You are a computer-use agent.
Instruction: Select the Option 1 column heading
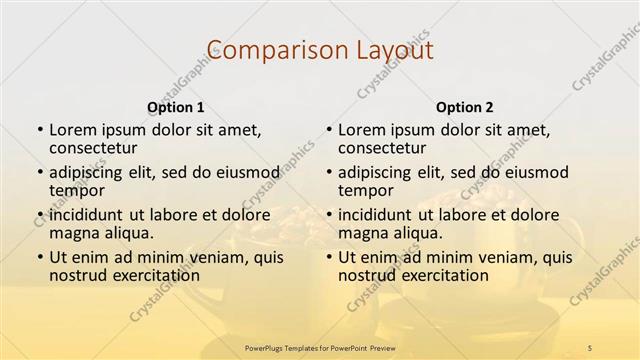tap(176, 106)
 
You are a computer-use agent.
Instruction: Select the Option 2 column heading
tap(464, 106)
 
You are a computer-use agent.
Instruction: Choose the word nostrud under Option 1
tap(79, 275)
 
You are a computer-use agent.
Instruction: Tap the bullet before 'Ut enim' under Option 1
tap(39, 257)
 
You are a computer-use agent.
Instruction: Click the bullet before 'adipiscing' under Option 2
tap(327, 172)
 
